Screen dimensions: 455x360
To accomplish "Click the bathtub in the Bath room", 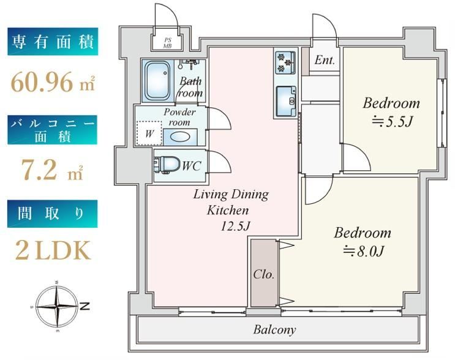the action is (x=157, y=81).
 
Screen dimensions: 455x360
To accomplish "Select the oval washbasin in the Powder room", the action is (x=180, y=137).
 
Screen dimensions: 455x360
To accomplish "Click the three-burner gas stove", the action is (x=285, y=62).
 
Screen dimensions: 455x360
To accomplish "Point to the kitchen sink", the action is (x=286, y=100).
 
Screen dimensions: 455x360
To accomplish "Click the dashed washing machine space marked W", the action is (x=149, y=133).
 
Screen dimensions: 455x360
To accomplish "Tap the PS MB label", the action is (x=167, y=43).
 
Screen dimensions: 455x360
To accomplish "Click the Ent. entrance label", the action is (x=325, y=60).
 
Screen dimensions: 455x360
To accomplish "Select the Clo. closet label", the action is (x=264, y=274).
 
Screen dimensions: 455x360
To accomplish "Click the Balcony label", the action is (x=274, y=329).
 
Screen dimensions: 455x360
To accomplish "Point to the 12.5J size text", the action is (x=235, y=226).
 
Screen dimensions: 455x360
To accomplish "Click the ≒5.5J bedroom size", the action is (x=392, y=122).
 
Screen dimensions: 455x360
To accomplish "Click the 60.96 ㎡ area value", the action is (x=53, y=82).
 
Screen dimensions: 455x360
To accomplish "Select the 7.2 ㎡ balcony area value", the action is (x=51, y=170).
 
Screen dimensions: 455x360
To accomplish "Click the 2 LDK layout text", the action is (x=53, y=250).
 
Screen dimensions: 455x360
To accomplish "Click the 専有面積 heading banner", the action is (x=53, y=42).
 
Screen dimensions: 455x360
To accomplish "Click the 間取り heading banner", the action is (x=53, y=214).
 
